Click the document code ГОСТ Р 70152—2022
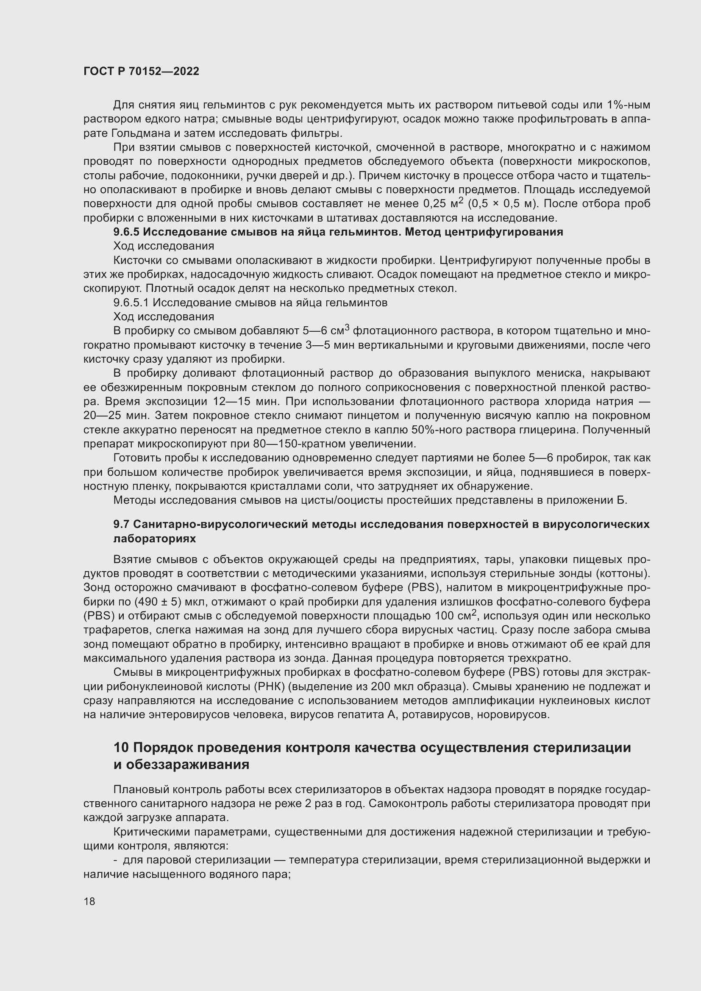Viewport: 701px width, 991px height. click(x=141, y=72)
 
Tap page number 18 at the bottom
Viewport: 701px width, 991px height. click(x=89, y=901)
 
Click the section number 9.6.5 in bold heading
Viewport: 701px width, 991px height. click(x=126, y=232)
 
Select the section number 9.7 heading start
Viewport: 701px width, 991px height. click(x=121, y=525)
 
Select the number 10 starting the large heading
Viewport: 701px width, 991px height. click(x=121, y=747)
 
